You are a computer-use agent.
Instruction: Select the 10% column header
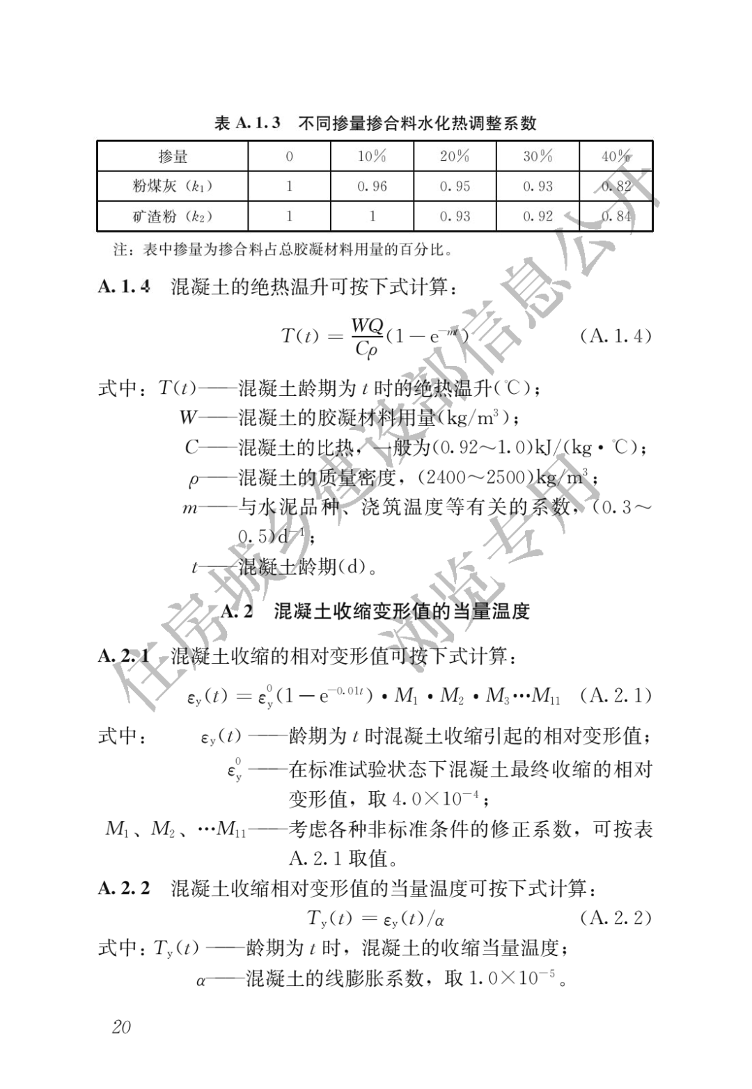click(372, 157)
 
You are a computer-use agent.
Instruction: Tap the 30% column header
click(538, 157)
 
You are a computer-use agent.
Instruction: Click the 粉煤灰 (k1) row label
click(172, 186)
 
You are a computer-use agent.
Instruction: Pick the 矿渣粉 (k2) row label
click(172, 216)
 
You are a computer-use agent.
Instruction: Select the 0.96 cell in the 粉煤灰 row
click(372, 186)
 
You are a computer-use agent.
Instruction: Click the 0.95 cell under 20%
click(455, 186)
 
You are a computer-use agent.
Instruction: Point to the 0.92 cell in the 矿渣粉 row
click(538, 216)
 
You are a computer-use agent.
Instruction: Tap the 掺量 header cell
click(172, 157)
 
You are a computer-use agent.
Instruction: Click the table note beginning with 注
click(282, 248)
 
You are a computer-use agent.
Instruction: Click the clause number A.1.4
click(124, 287)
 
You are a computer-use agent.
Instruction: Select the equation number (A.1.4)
click(616, 336)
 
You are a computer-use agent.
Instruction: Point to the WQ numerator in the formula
click(367, 325)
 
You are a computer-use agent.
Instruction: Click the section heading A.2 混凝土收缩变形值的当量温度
click(375, 612)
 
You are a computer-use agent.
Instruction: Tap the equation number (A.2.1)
click(616, 695)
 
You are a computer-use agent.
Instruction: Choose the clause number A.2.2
click(124, 889)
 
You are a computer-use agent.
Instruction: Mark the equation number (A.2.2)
click(616, 918)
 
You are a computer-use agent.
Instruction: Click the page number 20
click(121, 1027)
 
